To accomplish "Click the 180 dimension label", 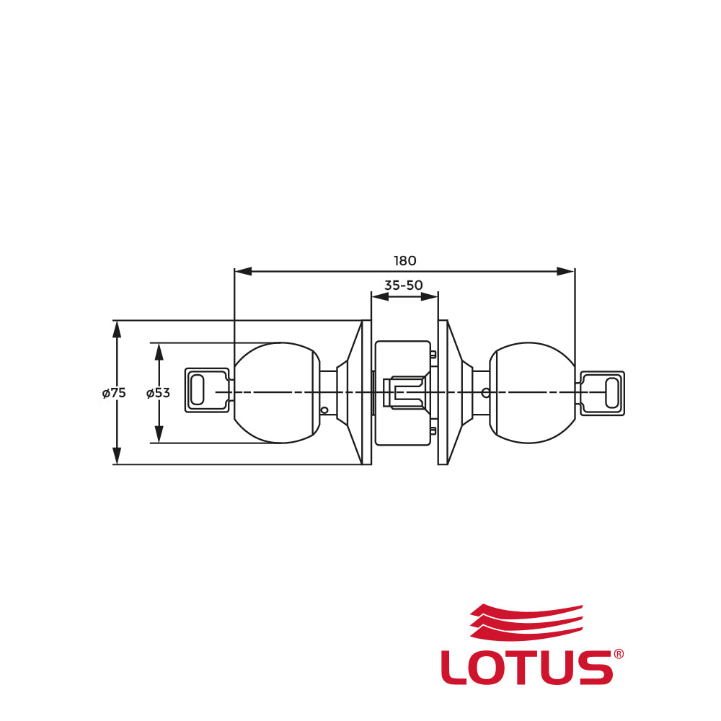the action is coord(404,261).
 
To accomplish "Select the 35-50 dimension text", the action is coord(403,285).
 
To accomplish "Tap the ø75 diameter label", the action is coord(114,393).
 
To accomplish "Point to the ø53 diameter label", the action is coord(158,393).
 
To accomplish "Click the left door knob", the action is coord(278,393).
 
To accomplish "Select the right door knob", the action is coord(532,393).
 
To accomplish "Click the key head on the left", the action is coord(207,390).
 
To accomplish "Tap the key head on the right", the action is coord(602,394).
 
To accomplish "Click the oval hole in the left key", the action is coord(197,390).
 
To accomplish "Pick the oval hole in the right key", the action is coord(612,394).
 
